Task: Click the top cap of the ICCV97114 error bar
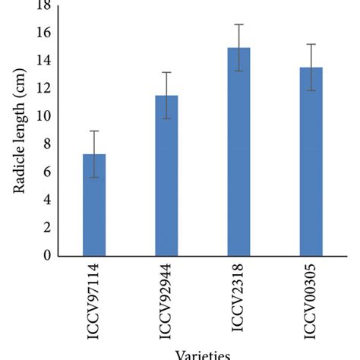click(x=94, y=131)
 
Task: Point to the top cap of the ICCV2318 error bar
click(x=239, y=24)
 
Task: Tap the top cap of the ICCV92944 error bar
click(x=166, y=72)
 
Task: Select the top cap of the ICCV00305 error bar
click(x=311, y=44)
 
